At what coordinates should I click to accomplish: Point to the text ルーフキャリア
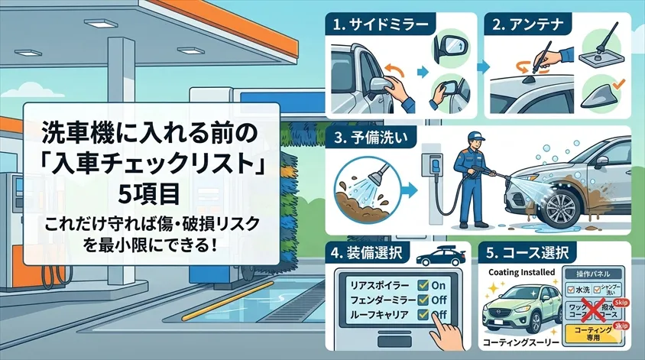[x=378, y=313]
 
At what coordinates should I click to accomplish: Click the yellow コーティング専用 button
[x=595, y=332]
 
